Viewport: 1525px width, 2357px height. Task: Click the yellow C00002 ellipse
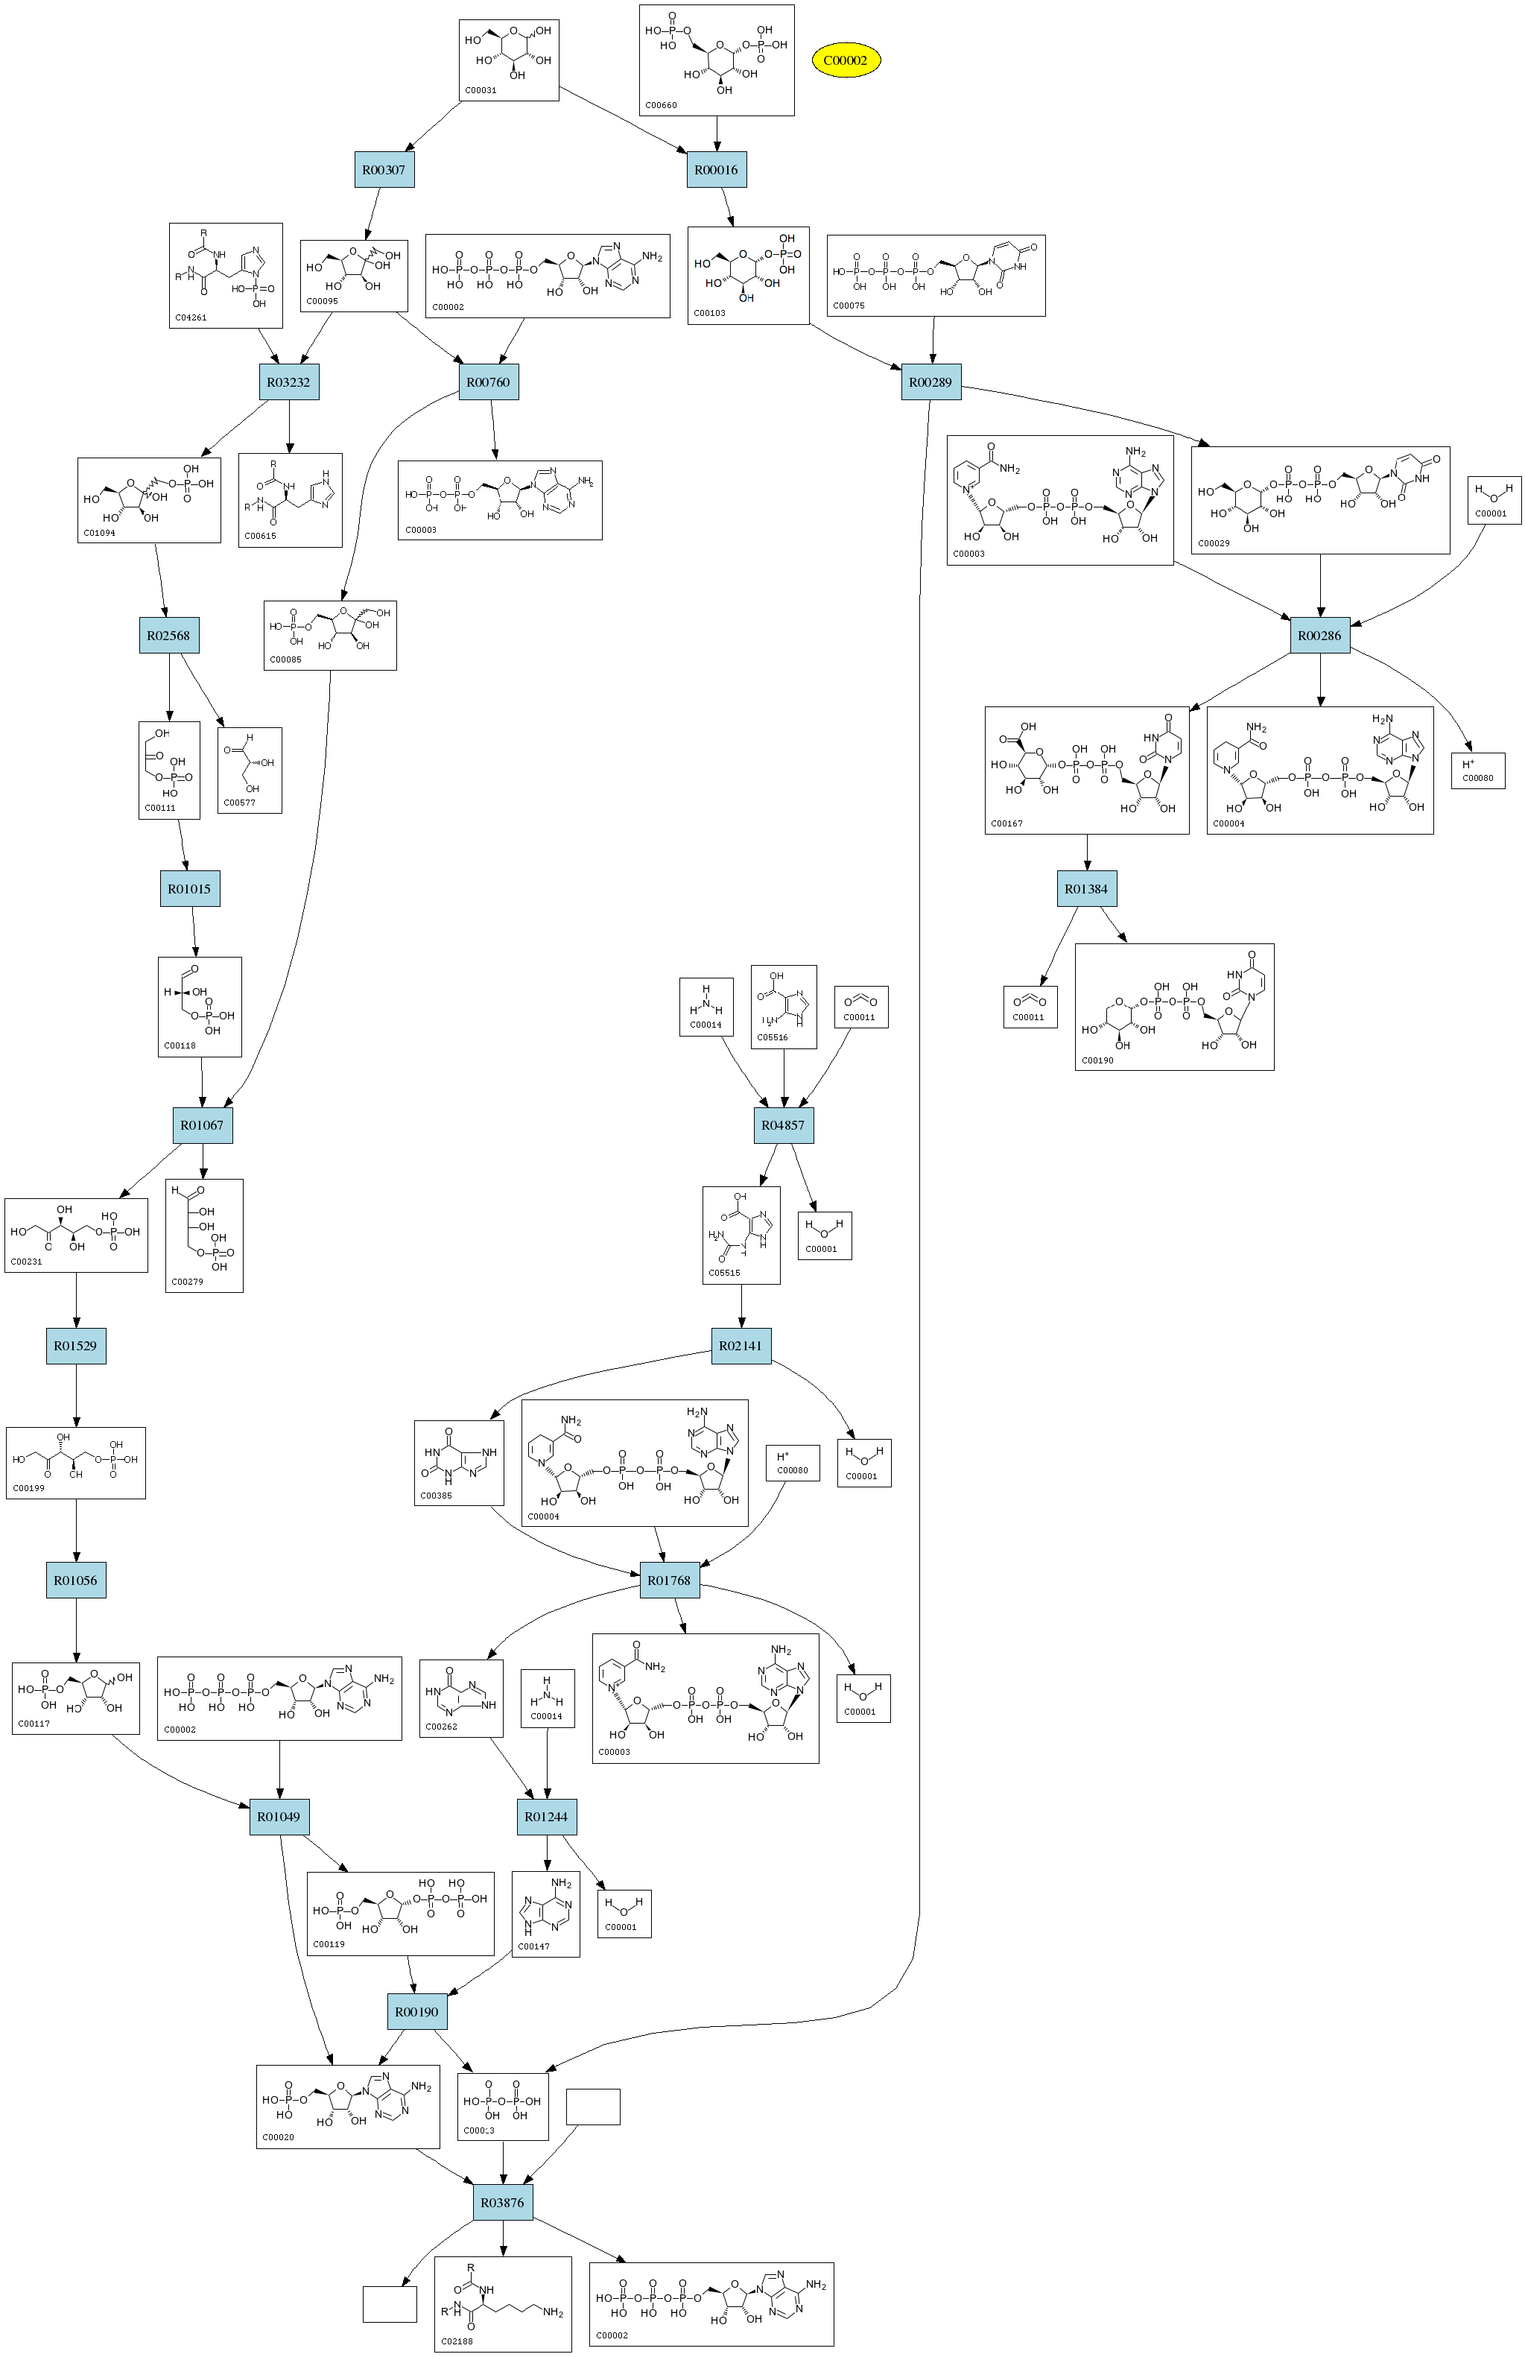pyautogui.click(x=846, y=60)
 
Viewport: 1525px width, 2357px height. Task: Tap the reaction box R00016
pyautogui.click(x=716, y=169)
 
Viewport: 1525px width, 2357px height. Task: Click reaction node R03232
pyautogui.click(x=289, y=382)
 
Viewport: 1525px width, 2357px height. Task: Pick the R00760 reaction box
pyautogui.click(x=488, y=382)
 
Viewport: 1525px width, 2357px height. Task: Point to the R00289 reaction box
pyautogui.click(x=930, y=382)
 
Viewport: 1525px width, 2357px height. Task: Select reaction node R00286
pyautogui.click(x=1320, y=635)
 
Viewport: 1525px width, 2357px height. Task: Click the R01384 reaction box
pyautogui.click(x=1086, y=888)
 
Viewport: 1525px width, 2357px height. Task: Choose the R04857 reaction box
pyautogui.click(x=783, y=1125)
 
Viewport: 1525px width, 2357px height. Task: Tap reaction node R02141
pyautogui.click(x=741, y=1345)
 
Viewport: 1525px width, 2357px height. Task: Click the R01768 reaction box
pyautogui.click(x=668, y=1580)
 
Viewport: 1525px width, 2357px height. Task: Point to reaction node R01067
pyautogui.click(x=202, y=1125)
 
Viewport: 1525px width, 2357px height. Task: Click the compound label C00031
pyautogui.click(x=481, y=90)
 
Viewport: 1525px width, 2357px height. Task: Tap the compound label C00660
pyautogui.click(x=661, y=105)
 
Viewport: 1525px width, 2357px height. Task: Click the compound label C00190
pyautogui.click(x=1097, y=1060)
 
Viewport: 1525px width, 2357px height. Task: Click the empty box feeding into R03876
pyautogui.click(x=593, y=2107)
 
